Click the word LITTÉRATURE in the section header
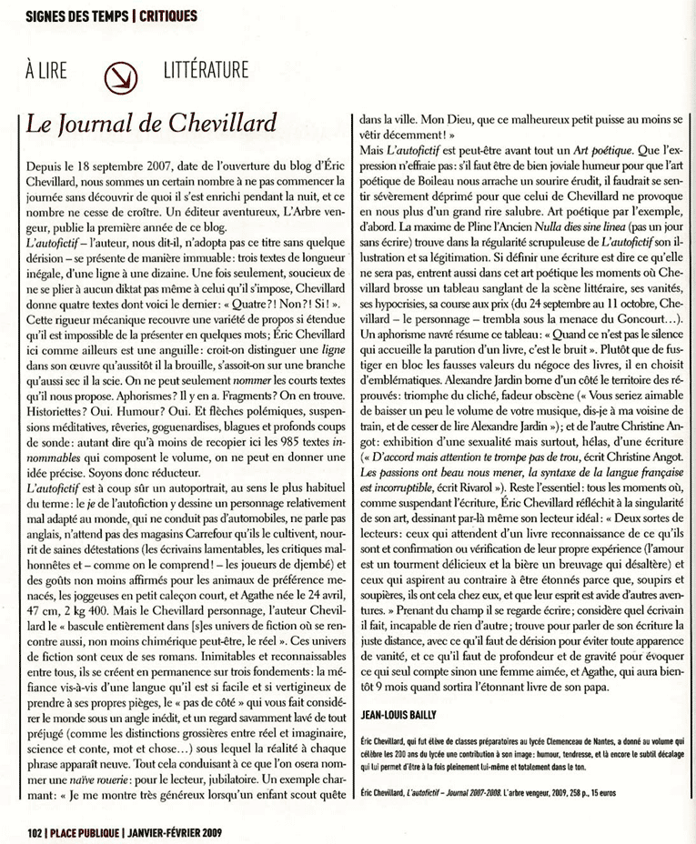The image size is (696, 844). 207,71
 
